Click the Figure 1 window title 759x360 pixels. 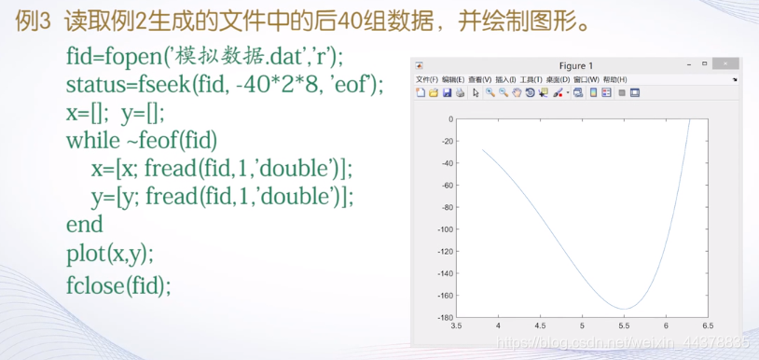click(575, 66)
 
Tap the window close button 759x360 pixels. click(725, 63)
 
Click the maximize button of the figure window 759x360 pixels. click(704, 63)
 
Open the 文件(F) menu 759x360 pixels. click(426, 79)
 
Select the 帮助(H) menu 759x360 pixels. click(614, 79)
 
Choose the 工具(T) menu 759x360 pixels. click(531, 79)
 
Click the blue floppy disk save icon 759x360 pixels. click(447, 92)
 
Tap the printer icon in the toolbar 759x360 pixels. click(460, 92)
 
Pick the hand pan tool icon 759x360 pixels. click(517, 92)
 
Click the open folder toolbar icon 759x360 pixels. click(434, 92)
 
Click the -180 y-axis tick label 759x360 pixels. click(446, 317)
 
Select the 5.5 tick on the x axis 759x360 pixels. click(624, 326)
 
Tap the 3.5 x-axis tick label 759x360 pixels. click(456, 326)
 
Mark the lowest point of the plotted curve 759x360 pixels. click(624, 309)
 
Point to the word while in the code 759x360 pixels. click(93, 140)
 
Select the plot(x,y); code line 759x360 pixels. click(110, 254)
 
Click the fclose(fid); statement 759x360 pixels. click(118, 285)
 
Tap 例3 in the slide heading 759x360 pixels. click(34, 21)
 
